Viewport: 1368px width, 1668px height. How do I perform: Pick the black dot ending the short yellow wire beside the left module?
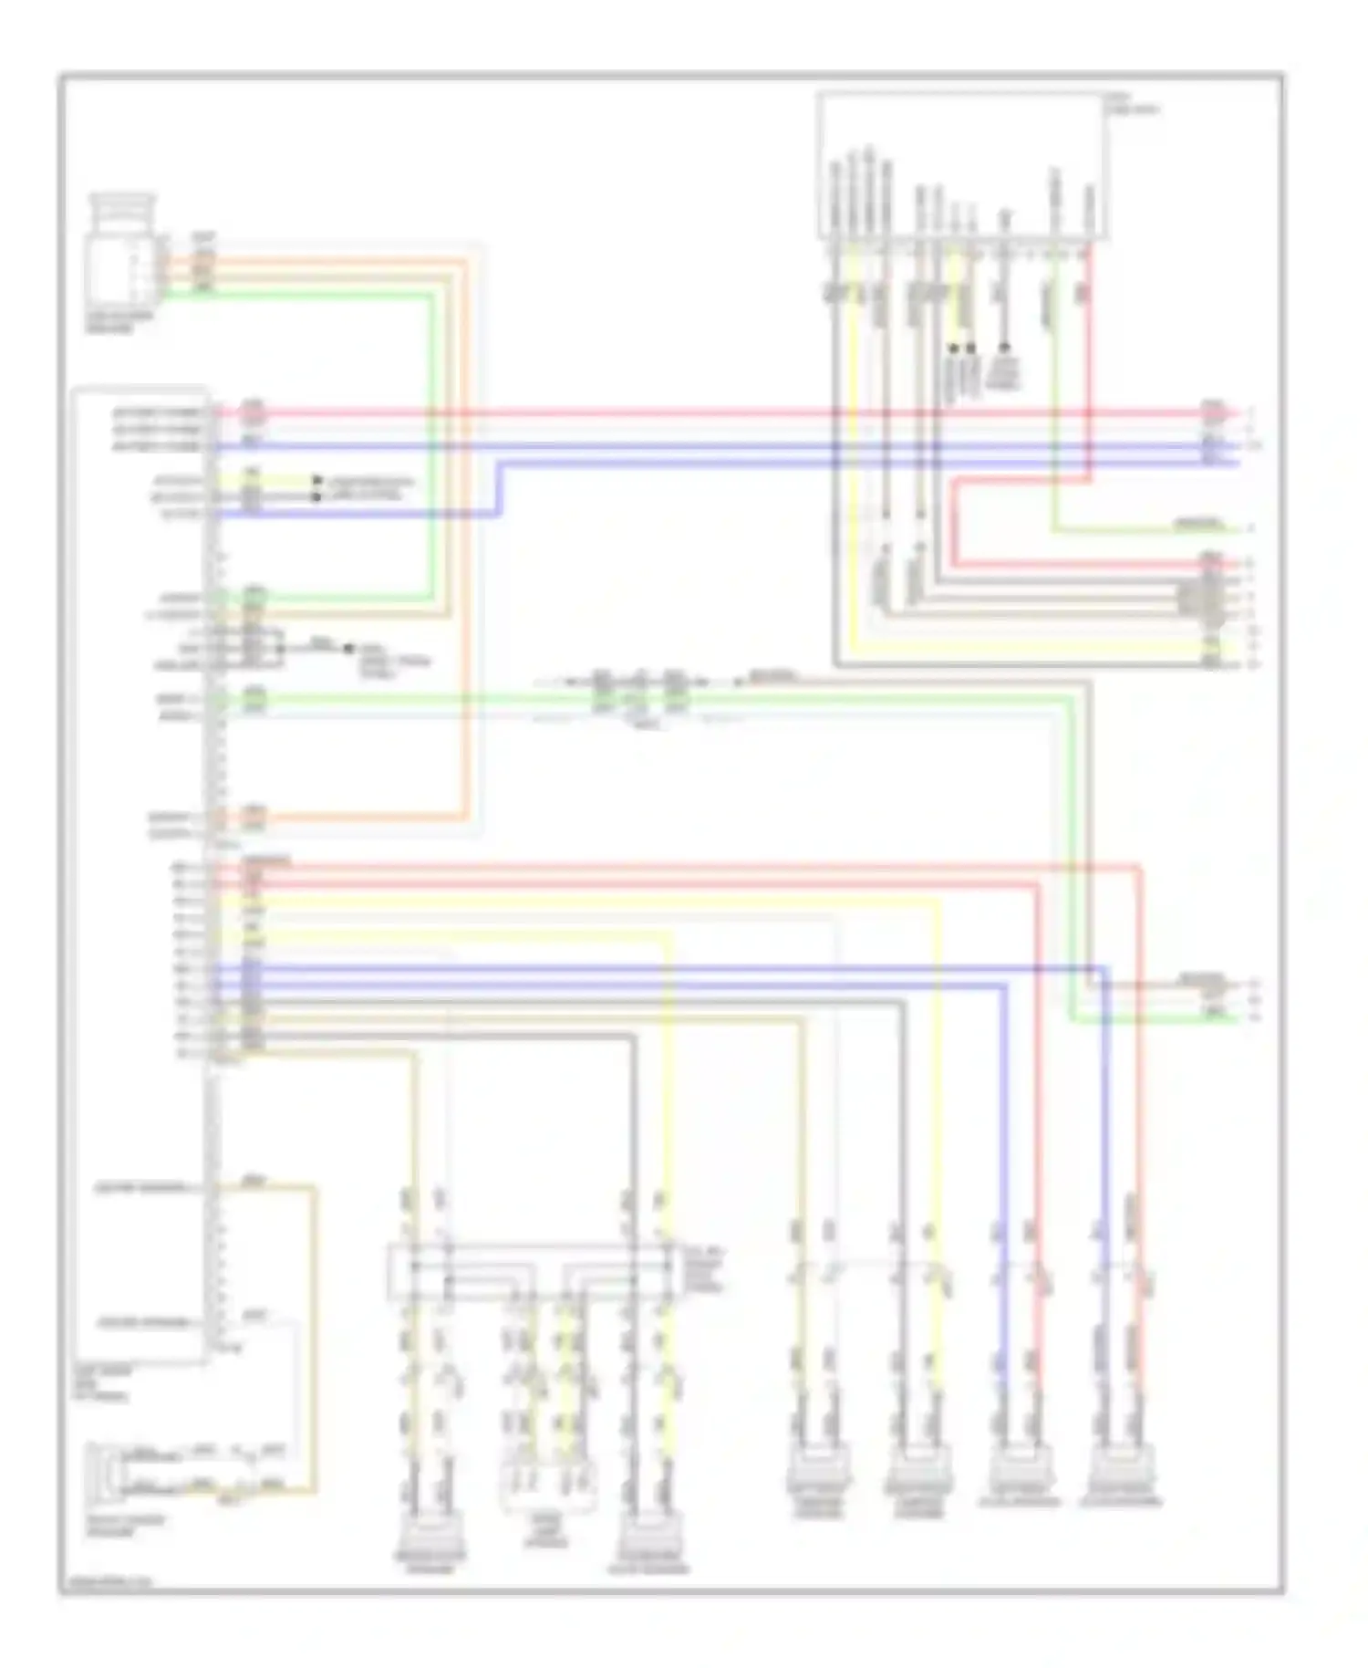pyautogui.click(x=317, y=480)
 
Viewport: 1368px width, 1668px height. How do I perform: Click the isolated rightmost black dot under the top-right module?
pyautogui.click(x=1004, y=348)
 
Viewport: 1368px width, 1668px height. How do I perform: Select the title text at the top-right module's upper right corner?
pyautogui.click(x=1131, y=104)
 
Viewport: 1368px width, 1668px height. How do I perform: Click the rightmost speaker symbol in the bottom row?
pyautogui.click(x=1120, y=1471)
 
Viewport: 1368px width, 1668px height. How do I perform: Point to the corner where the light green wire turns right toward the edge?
pyautogui.click(x=1055, y=529)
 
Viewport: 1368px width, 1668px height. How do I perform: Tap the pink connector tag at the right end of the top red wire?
pyautogui.click(x=1211, y=412)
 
